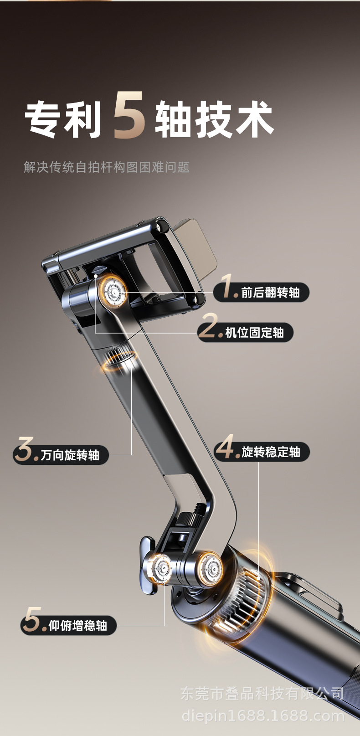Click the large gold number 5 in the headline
coord(129,116)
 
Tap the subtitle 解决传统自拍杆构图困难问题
coord(107,167)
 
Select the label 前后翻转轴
coord(270,293)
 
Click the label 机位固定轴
coord(254,332)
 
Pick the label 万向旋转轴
coord(70,455)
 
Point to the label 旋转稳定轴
coord(271,452)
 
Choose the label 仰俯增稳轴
coord(77,626)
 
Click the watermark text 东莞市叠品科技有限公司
coord(262,693)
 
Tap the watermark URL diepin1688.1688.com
coord(263,716)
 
